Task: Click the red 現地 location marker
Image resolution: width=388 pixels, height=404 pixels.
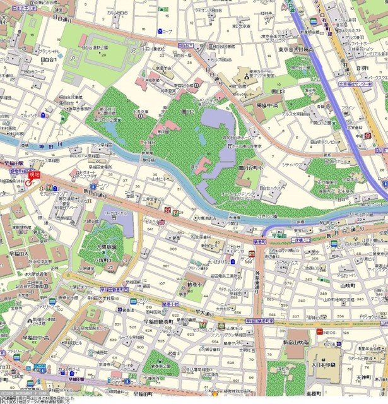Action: pyautogui.click(x=30, y=181)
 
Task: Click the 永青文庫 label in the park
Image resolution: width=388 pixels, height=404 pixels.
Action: pyautogui.click(x=141, y=112)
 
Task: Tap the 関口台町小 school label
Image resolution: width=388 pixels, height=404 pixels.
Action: pyautogui.click(x=250, y=168)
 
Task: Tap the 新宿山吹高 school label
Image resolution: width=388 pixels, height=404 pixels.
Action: pyautogui.click(x=294, y=342)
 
